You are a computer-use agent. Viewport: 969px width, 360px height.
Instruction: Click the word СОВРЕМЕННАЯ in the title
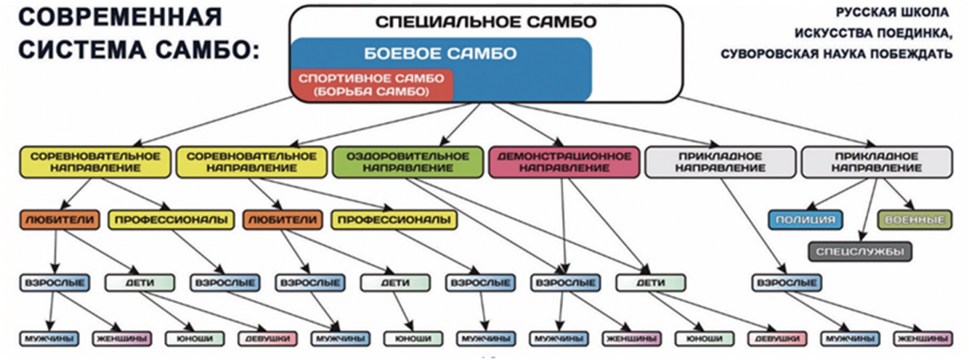click(x=120, y=18)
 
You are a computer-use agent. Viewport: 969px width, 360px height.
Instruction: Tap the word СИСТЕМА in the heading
click(x=83, y=50)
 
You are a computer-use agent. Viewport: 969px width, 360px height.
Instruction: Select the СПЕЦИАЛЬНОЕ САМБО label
click(x=486, y=22)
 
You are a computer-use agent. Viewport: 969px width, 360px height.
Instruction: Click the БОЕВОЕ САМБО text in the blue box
click(x=440, y=53)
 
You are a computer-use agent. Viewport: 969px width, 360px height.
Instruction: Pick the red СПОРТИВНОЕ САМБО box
click(x=371, y=85)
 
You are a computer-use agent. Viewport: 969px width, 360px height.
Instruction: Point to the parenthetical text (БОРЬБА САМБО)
click(x=371, y=92)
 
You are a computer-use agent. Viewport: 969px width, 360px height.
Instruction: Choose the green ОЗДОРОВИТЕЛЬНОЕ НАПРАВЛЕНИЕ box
click(x=408, y=162)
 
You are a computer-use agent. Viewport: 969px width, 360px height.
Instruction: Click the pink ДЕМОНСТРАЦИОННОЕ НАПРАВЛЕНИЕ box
click(x=564, y=162)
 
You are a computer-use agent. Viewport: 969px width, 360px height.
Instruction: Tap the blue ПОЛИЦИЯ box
click(x=805, y=220)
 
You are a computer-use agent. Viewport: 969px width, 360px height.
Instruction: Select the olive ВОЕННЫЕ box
click(x=914, y=220)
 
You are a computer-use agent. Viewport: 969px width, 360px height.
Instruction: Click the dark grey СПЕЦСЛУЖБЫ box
click(x=860, y=252)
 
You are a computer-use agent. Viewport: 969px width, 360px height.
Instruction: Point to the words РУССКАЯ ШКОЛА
click(x=892, y=13)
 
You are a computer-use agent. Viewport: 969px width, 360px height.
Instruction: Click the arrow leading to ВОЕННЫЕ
click(x=899, y=194)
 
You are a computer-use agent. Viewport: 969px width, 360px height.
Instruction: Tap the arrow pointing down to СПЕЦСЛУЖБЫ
click(x=869, y=210)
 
